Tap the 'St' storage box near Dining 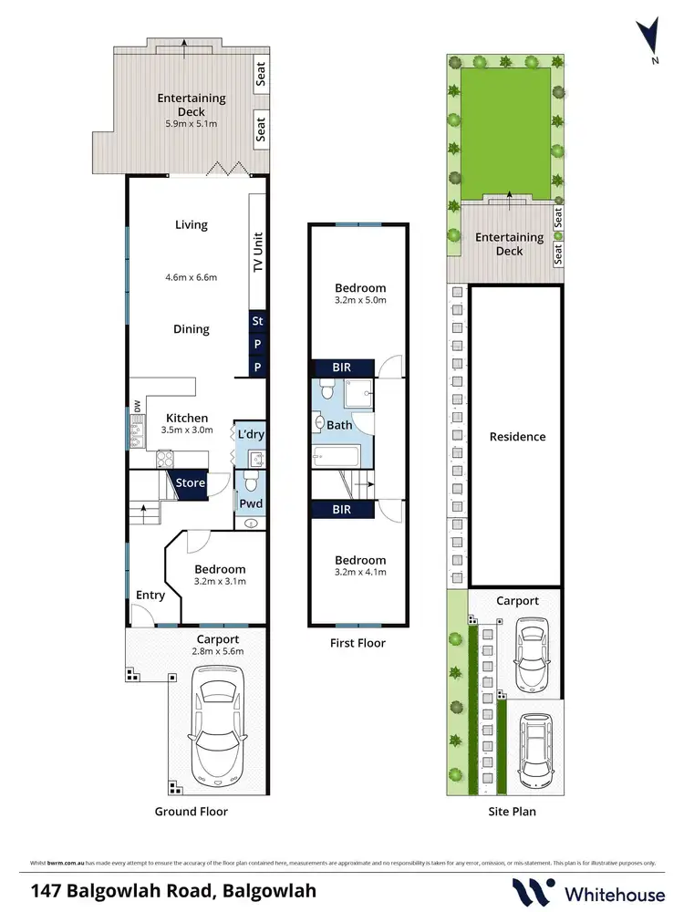pos(257,321)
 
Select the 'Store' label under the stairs pos(191,482)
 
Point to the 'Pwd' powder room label pos(250,503)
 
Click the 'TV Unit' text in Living pos(257,251)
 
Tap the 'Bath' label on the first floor pos(339,425)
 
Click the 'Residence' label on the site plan pos(516,436)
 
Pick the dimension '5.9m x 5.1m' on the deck pos(192,124)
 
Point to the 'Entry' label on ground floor pos(150,596)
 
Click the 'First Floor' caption pos(358,643)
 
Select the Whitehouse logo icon pos(530,890)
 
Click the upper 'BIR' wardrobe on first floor pos(342,368)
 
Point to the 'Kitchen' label pos(188,419)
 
